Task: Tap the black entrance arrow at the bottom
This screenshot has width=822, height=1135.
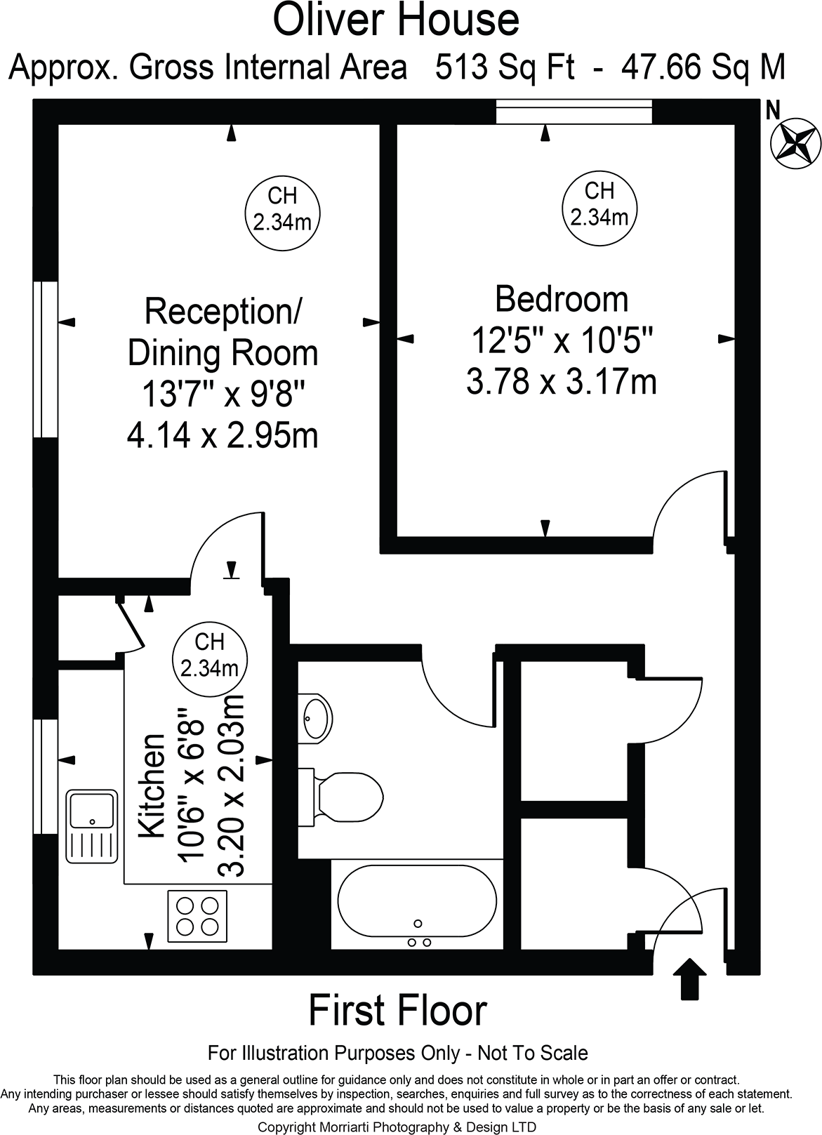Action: pos(691,978)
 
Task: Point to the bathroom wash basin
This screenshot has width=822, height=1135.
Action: pos(314,718)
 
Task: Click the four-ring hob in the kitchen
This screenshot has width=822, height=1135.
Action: pos(197,916)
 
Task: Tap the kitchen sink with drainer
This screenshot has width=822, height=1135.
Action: pos(91,825)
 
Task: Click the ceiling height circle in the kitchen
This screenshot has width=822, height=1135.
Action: pos(209,653)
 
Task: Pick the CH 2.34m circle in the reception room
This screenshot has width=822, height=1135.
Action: pos(282,208)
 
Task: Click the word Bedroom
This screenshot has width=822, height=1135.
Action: pos(562,299)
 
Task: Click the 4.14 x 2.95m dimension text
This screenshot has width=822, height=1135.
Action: pos(223,436)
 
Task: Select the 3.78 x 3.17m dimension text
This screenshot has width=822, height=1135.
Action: pos(562,383)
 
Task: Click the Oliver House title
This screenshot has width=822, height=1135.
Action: pos(397,20)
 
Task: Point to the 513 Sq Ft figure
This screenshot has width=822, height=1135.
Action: pos(505,68)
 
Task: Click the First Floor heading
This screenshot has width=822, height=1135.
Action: pos(397,1011)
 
